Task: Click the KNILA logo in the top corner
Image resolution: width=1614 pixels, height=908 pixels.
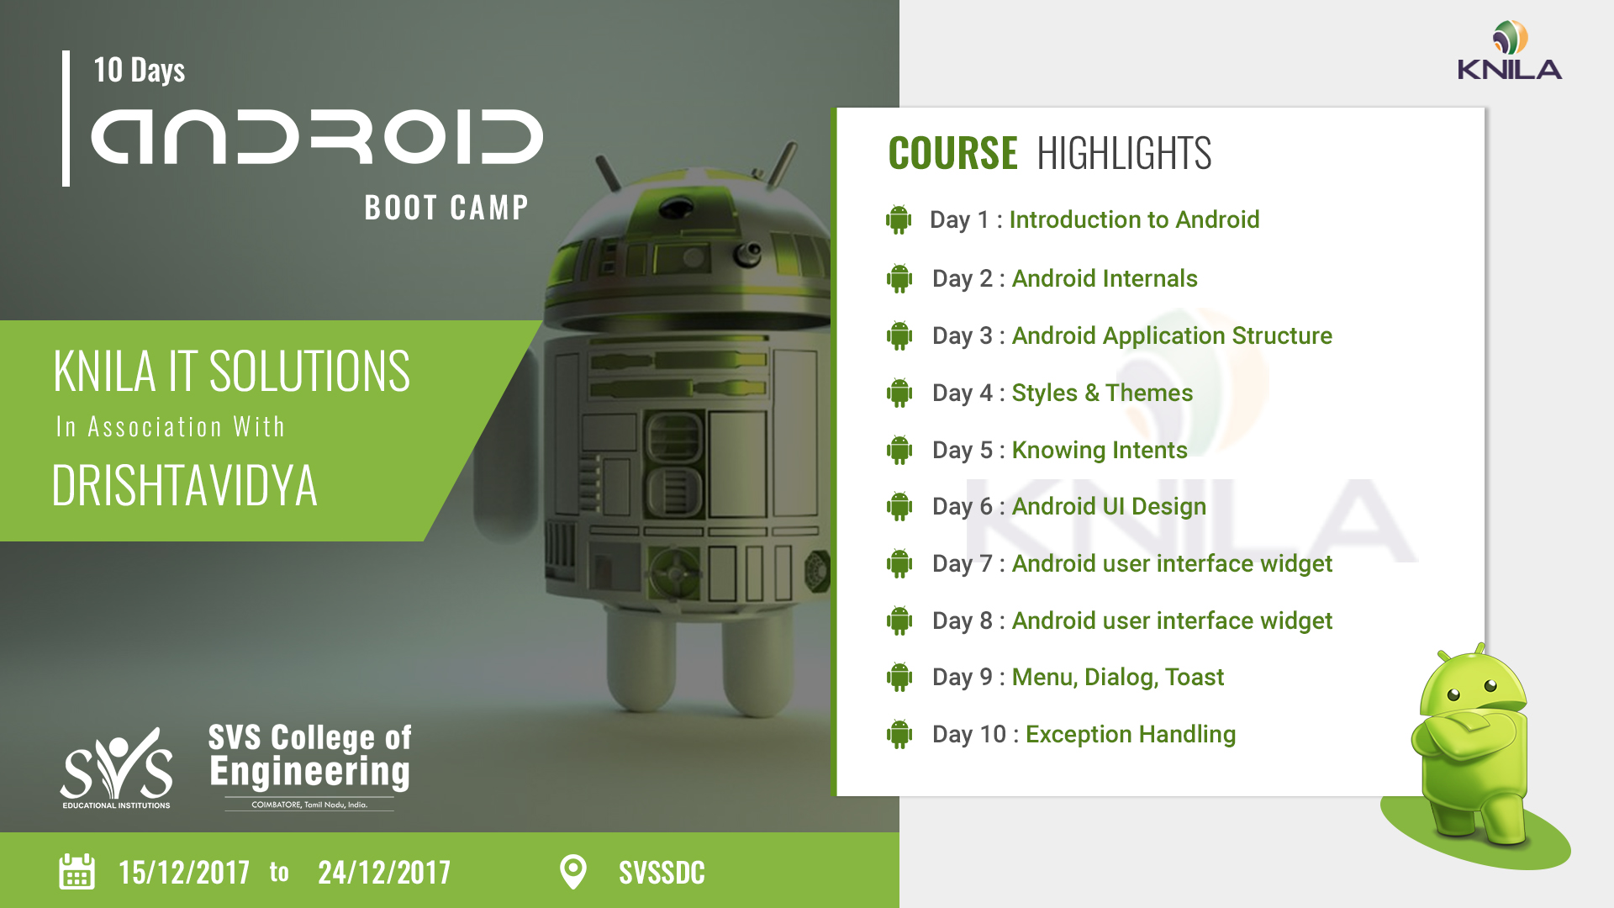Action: pos(1510,50)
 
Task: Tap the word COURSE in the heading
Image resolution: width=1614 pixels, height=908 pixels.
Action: pos(952,153)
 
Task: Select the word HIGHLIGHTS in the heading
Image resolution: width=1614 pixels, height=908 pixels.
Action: pos(1124,153)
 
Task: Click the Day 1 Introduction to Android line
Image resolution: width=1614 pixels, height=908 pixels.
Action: pos(1094,219)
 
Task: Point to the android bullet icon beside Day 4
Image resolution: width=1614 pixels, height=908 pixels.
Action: pos(899,393)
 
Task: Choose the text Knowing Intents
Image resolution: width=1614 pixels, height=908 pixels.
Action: pos(1100,450)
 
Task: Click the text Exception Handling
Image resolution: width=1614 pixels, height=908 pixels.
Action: pos(1131,734)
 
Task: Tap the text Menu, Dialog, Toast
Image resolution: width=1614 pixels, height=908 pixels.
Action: pos(1118,677)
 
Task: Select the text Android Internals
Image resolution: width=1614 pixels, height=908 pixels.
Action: pos(1105,278)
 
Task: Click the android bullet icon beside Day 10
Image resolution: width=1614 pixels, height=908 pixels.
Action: pos(899,734)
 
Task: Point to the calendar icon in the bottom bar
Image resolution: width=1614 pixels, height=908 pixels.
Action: pos(76,872)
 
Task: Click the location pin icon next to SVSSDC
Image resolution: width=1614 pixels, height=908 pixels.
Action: pos(573,872)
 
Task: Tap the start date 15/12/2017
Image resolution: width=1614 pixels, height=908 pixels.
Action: pos(184,873)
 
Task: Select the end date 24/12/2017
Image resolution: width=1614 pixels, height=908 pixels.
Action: pos(384,873)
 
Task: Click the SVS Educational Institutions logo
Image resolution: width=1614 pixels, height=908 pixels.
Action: pos(116,768)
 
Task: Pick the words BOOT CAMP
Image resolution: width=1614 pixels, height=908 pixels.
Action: pos(446,208)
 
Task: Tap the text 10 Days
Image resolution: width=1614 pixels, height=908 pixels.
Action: pos(140,71)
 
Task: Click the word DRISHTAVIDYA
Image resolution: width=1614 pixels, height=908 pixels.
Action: pos(185,486)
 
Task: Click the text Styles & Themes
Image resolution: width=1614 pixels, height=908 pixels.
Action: pos(1102,393)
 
